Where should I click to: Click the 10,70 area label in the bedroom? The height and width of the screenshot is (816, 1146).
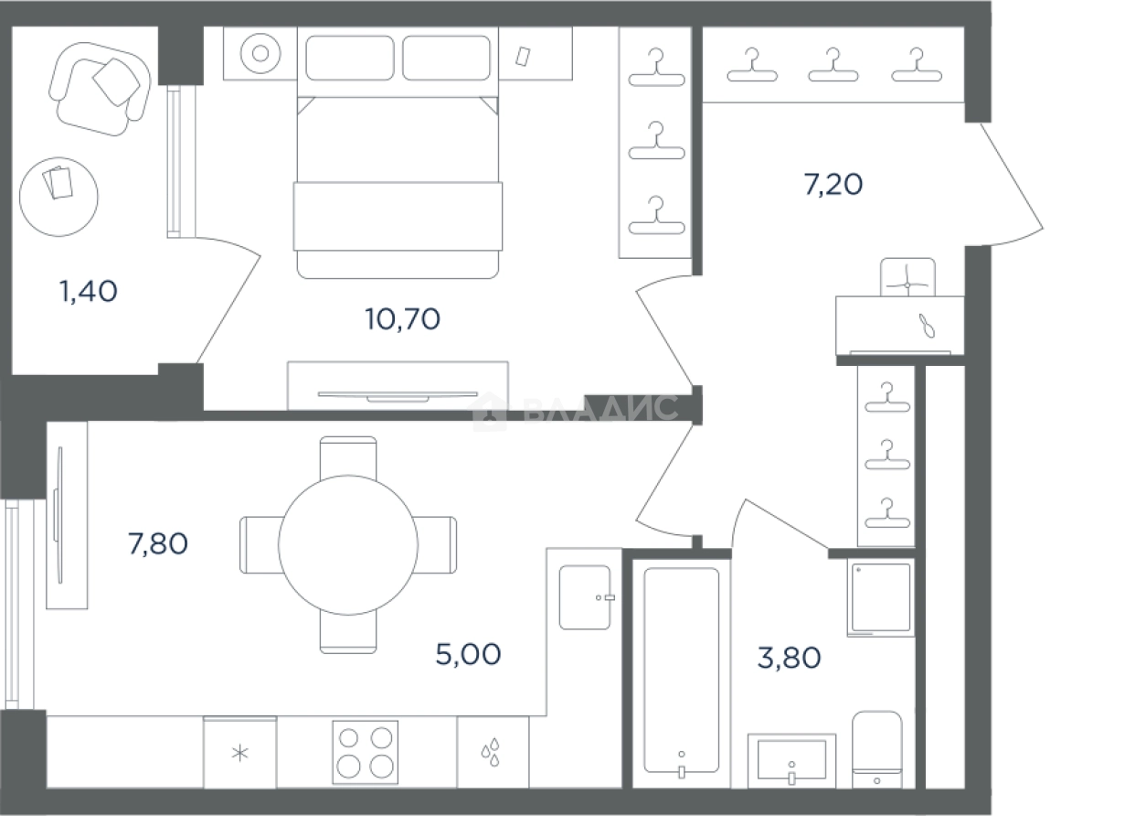pos(403,319)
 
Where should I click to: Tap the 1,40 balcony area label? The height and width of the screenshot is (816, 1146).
pos(89,292)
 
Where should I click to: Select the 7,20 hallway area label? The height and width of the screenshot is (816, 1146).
pos(833,185)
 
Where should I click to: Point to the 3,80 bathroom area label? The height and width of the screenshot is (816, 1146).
pos(789,658)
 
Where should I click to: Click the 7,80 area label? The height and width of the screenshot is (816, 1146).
pos(158,543)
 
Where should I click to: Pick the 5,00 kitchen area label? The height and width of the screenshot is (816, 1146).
pos(468,655)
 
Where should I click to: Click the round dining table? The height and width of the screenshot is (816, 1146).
pos(348,545)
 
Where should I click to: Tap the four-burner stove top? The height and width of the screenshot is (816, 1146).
pos(366,753)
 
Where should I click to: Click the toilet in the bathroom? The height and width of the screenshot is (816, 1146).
pos(877,749)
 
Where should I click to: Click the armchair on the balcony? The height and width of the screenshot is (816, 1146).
pos(101,89)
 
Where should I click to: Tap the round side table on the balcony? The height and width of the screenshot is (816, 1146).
pos(58,197)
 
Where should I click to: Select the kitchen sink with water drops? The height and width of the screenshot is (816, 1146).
pos(493,752)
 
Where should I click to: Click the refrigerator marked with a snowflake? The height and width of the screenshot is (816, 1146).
pos(240,752)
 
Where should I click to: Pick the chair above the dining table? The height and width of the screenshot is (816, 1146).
pos(348,458)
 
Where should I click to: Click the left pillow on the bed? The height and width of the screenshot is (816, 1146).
pos(350,58)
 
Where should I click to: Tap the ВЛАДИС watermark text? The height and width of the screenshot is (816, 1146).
pos(601,408)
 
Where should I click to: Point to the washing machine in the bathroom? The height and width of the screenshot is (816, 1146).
pos(880,597)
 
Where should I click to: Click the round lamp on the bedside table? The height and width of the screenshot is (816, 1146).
pos(260,53)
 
